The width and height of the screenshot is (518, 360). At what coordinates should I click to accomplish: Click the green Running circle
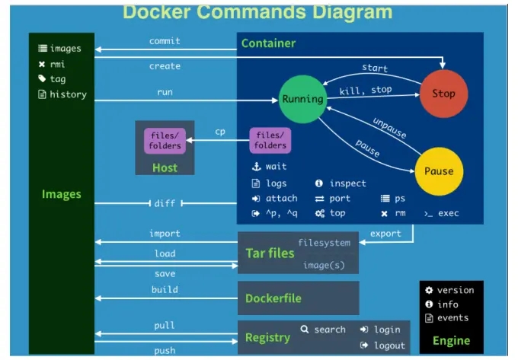tap(302, 99)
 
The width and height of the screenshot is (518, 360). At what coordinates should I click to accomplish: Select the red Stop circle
tap(443, 94)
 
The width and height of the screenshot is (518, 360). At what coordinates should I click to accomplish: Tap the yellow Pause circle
tap(439, 171)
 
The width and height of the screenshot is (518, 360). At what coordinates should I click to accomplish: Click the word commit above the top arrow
tap(165, 41)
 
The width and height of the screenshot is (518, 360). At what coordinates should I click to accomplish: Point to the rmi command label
tap(57, 64)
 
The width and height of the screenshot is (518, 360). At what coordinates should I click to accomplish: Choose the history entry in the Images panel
tap(68, 94)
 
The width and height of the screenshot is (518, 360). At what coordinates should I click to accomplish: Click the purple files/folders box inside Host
tap(165, 141)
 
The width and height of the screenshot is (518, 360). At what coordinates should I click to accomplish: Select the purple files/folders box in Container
tap(270, 141)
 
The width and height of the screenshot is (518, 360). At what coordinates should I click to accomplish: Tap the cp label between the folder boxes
tap(220, 132)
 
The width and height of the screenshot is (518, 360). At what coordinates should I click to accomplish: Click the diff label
tap(165, 203)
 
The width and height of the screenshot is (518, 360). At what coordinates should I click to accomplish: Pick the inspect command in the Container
tap(348, 183)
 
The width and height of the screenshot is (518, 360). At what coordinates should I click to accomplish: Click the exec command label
tap(448, 213)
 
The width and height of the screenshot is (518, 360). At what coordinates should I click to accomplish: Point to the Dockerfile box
tap(299, 298)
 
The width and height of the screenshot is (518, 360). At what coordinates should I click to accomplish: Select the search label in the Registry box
tap(330, 330)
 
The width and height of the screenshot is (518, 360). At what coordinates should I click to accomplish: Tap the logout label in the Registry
tap(389, 346)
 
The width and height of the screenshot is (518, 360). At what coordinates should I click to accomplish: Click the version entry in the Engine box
tap(456, 290)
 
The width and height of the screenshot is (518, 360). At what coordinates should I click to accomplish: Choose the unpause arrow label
tap(390, 128)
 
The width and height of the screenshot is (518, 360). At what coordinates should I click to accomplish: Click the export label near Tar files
tap(385, 234)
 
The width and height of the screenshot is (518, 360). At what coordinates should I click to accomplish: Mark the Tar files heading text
tap(270, 253)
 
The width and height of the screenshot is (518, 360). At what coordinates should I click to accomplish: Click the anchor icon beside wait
tap(257, 167)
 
